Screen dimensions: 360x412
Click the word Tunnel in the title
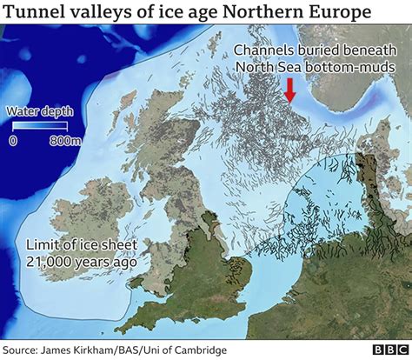[32, 14]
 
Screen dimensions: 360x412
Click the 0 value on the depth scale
[12, 140]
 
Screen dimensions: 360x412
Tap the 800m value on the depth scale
[58, 140]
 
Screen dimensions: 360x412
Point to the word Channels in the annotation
[256, 49]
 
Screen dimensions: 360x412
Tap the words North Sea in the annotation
[265, 66]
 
